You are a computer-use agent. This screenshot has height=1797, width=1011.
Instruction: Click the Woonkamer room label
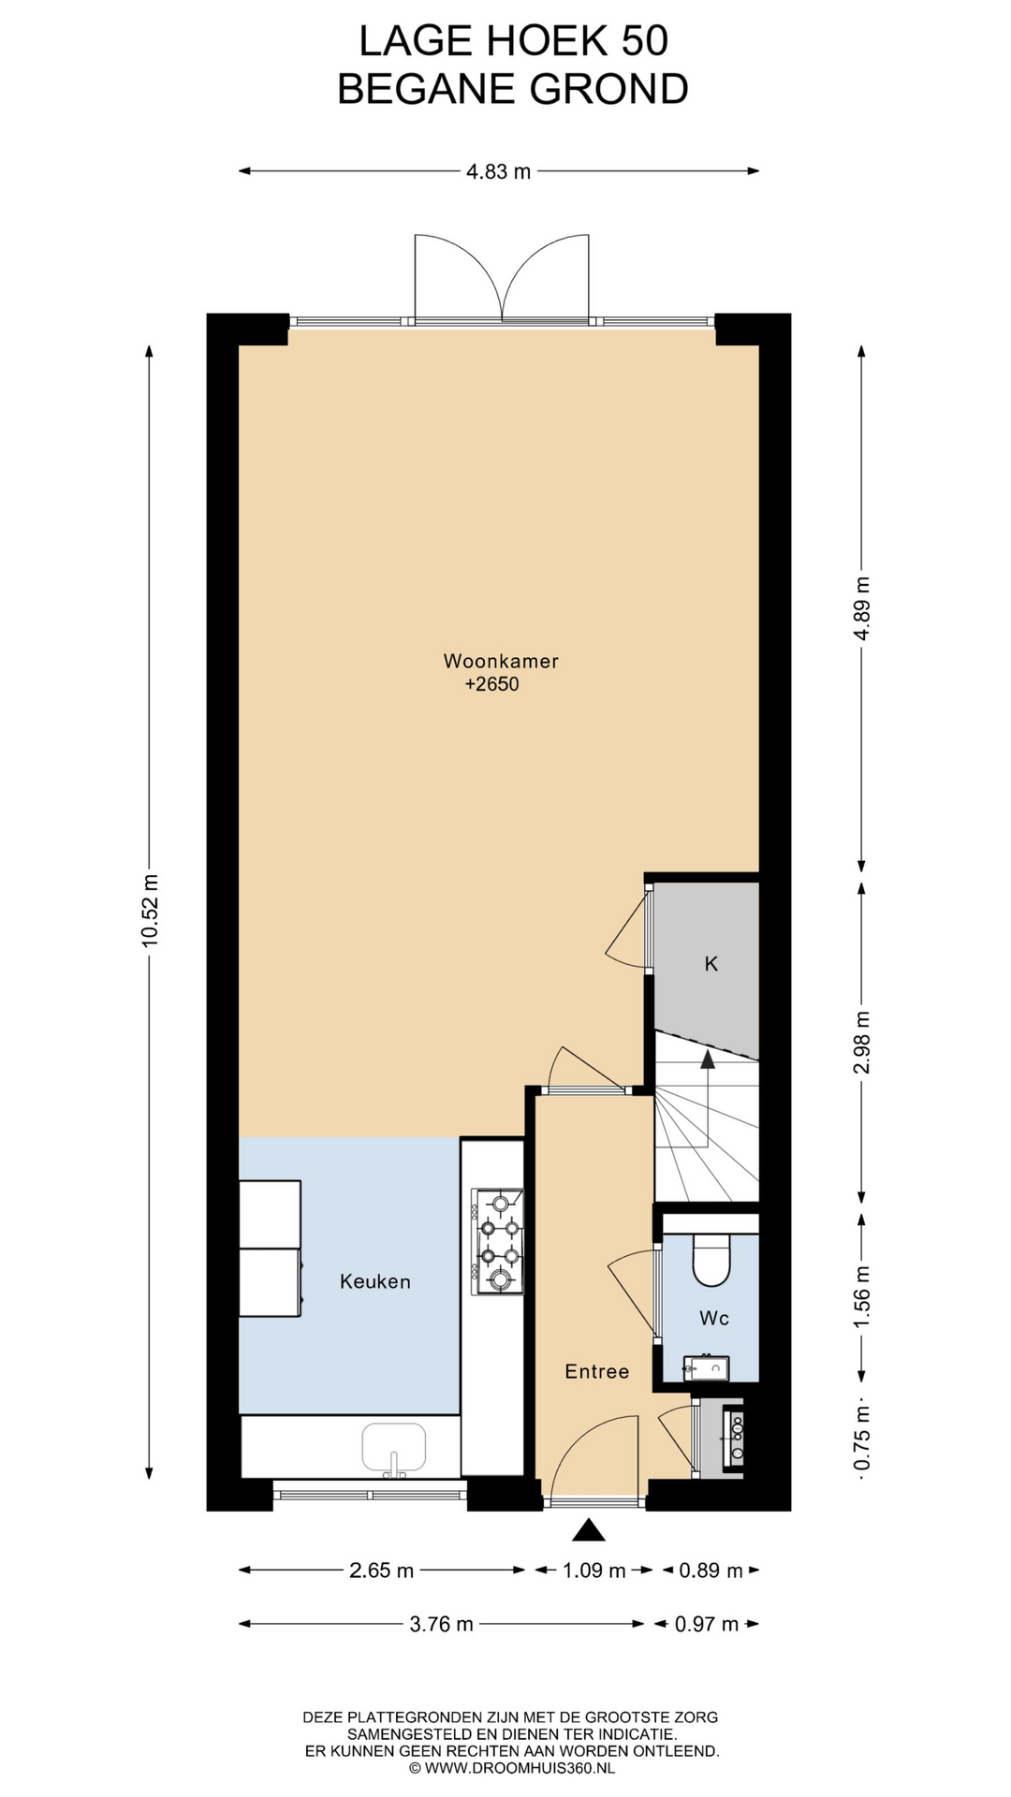coord(501,661)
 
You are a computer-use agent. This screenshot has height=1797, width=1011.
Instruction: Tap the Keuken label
coord(375,1281)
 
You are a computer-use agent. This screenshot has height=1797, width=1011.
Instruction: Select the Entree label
coord(597,1371)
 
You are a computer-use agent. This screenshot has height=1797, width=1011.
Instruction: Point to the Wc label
coord(714,1318)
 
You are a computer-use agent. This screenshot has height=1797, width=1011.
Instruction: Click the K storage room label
coord(711,963)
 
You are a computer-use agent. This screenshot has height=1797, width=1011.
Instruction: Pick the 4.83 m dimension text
coord(499,171)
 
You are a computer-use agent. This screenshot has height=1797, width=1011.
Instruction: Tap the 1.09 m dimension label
coord(593,1571)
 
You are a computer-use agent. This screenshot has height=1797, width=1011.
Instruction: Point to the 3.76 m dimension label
coord(442,1624)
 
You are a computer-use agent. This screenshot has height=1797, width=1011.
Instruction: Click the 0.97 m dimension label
coord(708,1624)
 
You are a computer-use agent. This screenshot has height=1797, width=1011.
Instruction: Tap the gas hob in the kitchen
coord(498,1241)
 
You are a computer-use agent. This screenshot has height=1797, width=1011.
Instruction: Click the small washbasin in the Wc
coord(706,1368)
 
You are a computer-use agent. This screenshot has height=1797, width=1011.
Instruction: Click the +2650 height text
coord(491,684)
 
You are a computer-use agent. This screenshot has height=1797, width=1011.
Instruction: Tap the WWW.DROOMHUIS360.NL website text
coord(520,1768)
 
